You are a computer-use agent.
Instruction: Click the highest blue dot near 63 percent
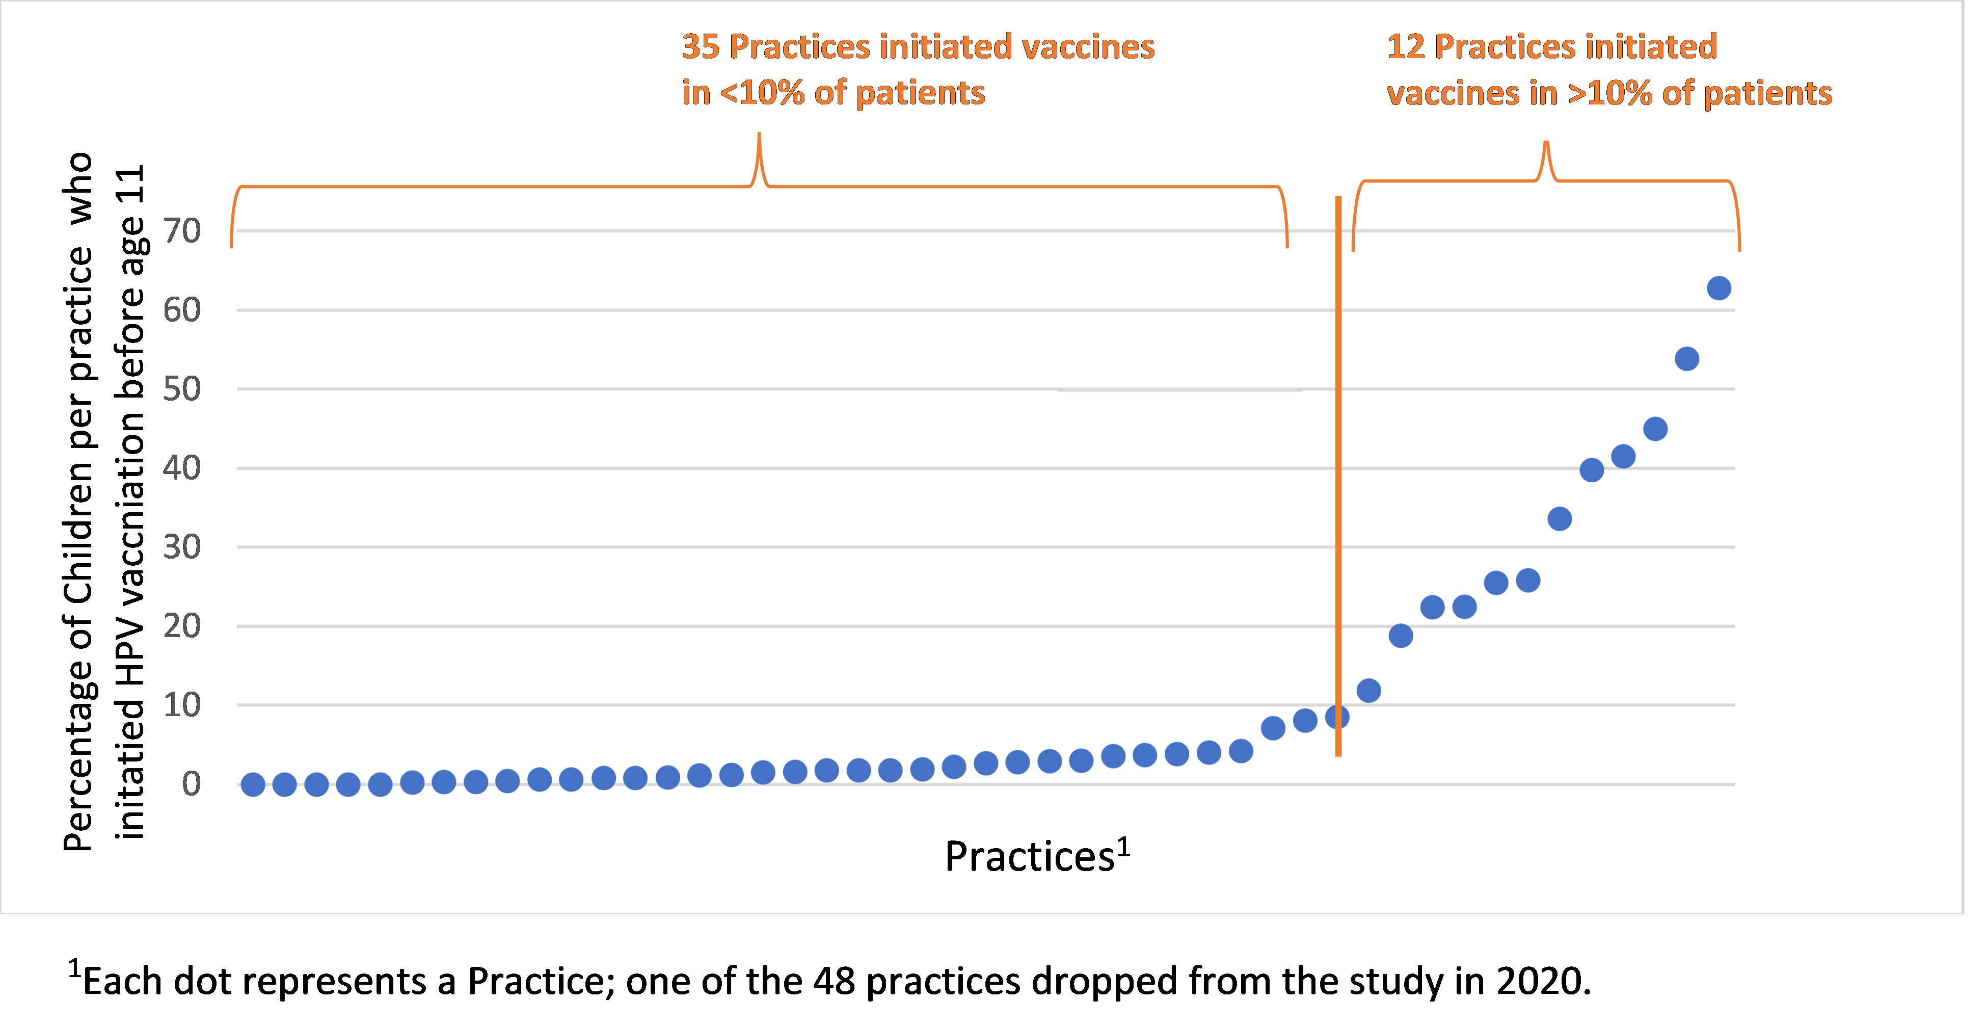pos(1719,288)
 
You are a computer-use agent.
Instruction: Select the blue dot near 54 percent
pos(1687,359)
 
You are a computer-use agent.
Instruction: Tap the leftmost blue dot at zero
pos(253,784)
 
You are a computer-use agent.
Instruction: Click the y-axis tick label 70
pos(182,231)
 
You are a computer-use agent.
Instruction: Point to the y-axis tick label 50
pos(182,389)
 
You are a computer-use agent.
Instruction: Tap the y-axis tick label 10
pos(182,705)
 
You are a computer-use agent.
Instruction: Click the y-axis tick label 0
pos(191,784)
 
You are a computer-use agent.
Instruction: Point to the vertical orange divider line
pos(1338,463)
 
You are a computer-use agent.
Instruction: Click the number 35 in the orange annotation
pos(701,47)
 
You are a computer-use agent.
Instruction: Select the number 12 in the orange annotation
pos(1405,47)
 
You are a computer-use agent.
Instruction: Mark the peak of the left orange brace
pos(759,136)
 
